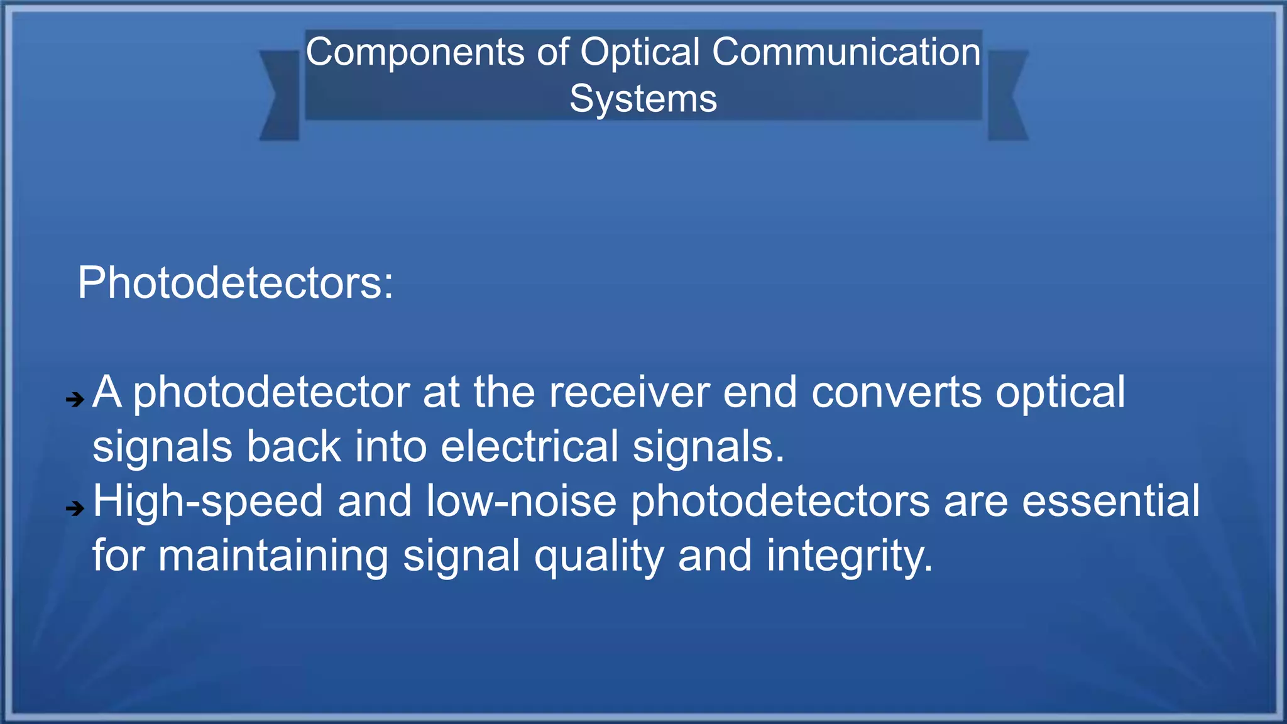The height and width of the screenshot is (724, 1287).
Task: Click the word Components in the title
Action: tap(415, 52)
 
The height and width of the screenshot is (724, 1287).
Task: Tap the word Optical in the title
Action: tap(640, 52)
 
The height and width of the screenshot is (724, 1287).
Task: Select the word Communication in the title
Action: tap(846, 52)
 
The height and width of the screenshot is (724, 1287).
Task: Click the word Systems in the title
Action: tap(643, 99)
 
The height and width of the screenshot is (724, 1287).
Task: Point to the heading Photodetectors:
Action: tap(236, 283)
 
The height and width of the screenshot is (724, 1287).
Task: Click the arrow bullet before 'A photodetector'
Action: tap(75, 399)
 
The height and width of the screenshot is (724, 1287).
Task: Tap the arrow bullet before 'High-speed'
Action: tap(75, 508)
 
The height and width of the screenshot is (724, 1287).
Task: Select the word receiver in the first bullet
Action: tap(629, 393)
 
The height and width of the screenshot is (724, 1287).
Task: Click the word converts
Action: tap(896, 393)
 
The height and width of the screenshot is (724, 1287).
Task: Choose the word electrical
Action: tap(529, 447)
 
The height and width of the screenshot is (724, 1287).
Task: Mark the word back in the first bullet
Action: tap(293, 447)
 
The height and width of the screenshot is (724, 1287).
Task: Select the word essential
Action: tap(1110, 502)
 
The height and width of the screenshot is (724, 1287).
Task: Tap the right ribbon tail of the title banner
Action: tap(1007, 96)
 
